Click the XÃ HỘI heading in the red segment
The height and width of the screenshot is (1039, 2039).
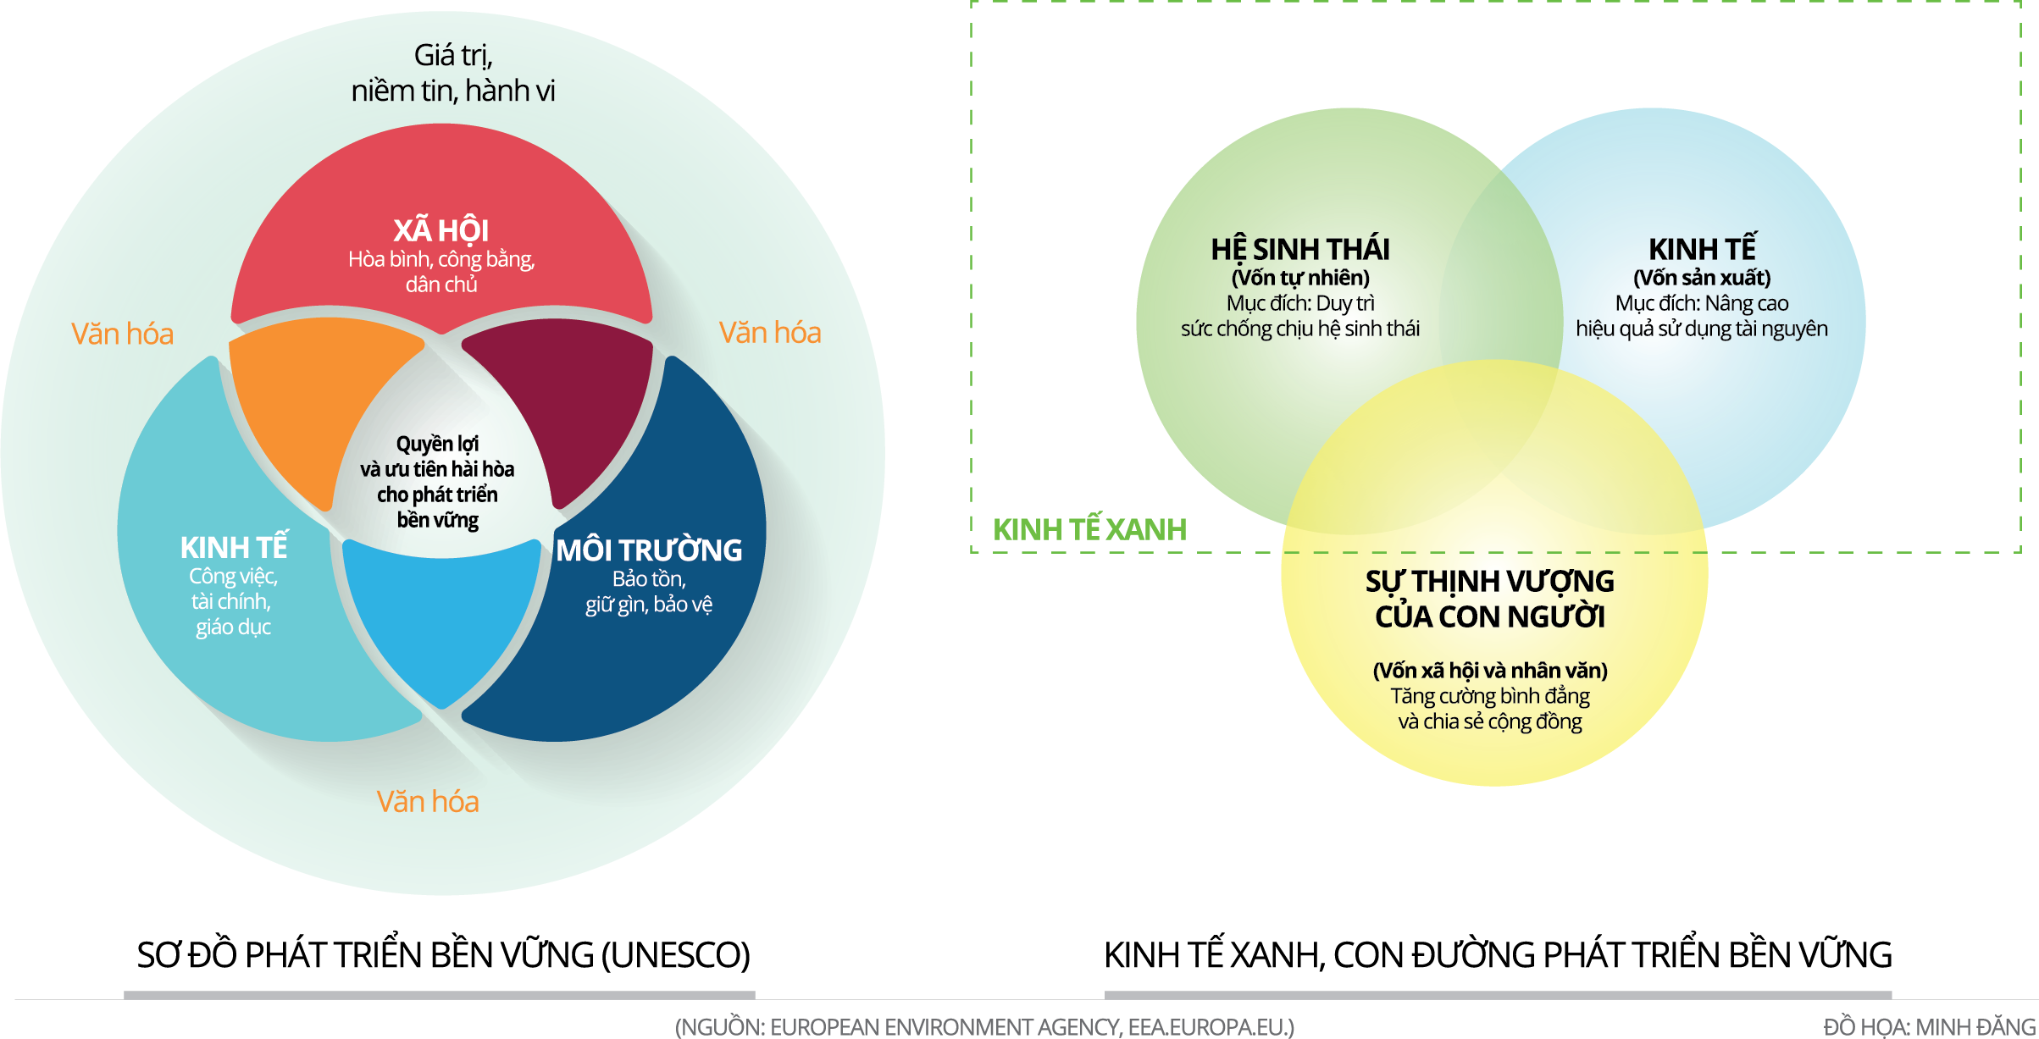click(440, 230)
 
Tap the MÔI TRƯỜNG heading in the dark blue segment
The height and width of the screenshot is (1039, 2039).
click(649, 550)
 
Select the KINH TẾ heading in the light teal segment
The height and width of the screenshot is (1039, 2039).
click(234, 548)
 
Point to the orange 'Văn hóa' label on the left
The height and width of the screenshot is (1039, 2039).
click(122, 334)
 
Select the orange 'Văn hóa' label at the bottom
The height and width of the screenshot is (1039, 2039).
click(428, 801)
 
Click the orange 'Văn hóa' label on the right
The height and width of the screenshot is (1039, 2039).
click(770, 332)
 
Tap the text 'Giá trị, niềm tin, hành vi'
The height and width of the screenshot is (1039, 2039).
click(453, 73)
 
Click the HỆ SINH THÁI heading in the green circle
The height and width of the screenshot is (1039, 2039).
click(1300, 250)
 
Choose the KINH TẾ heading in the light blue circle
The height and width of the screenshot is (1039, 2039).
click(1702, 250)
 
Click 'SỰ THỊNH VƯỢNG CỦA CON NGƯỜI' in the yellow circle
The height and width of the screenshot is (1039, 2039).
click(1490, 599)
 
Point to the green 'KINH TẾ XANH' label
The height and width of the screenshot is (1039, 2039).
click(1089, 529)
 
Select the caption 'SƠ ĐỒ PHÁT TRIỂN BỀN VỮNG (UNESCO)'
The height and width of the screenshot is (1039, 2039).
click(443, 955)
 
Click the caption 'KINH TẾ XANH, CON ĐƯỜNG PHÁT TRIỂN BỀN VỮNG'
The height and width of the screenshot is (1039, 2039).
click(1498, 955)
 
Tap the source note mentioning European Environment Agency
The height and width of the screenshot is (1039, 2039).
click(984, 1027)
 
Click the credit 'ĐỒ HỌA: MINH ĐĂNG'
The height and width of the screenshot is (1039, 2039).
click(1930, 1027)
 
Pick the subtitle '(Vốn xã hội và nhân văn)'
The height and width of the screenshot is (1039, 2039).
click(1490, 671)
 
